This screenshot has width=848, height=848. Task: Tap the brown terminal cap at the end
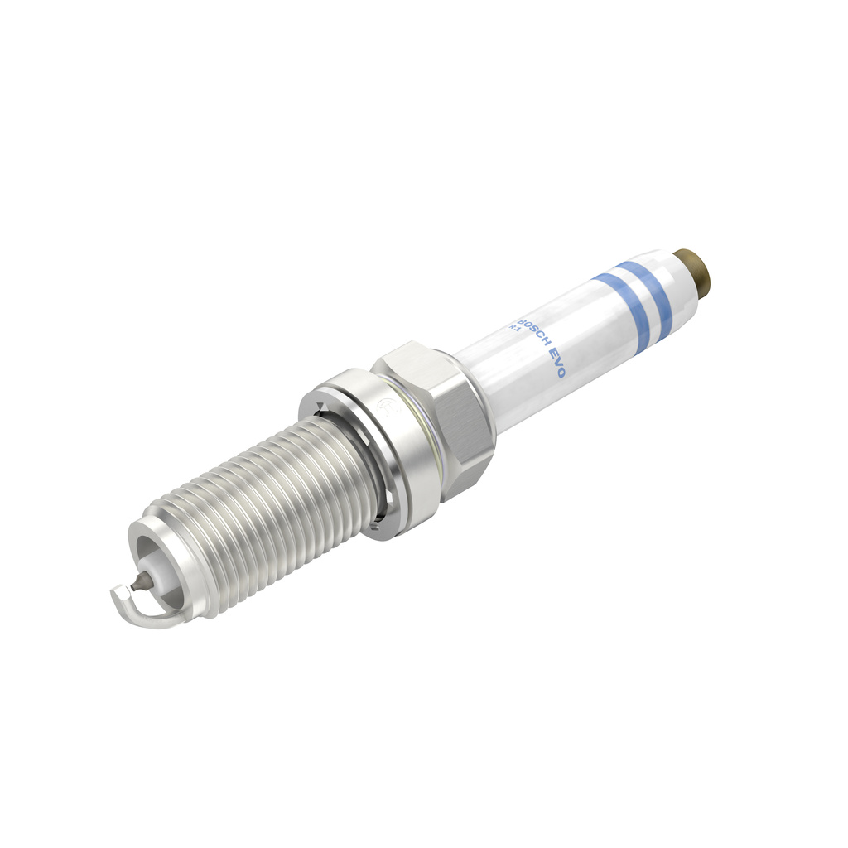coord(696,271)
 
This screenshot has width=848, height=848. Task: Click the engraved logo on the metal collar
coord(383,406)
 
